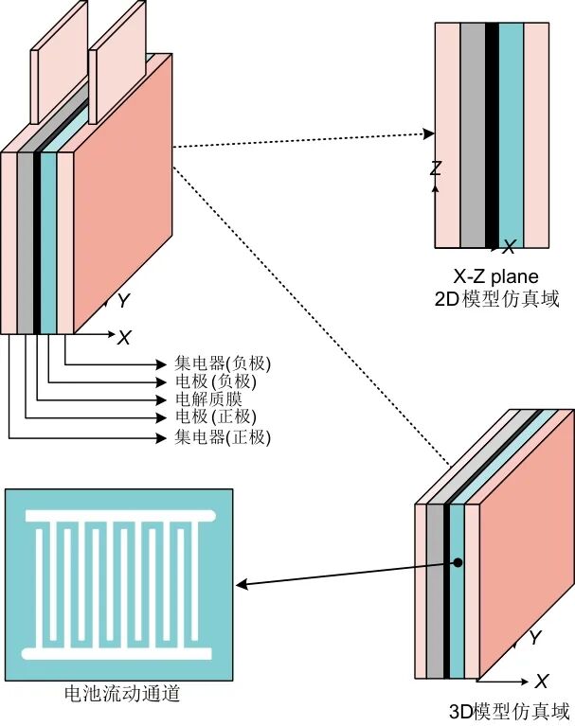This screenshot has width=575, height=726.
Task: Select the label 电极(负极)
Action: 215,381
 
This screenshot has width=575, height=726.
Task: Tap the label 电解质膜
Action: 208,399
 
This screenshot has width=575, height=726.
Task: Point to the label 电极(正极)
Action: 215,417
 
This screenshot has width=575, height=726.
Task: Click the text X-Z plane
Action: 495,277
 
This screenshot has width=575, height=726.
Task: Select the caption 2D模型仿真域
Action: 495,299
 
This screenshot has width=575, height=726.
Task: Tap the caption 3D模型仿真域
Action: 510,711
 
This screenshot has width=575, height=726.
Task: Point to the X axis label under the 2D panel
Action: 509,248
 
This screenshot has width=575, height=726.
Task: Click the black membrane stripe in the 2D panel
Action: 492,133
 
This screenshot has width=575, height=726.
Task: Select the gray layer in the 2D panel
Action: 473,133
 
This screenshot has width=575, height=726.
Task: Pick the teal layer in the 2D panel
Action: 511,133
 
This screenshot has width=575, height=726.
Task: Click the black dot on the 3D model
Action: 458,562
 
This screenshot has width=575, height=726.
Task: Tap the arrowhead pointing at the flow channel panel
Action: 241,585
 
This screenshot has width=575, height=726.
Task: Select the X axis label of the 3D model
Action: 542,682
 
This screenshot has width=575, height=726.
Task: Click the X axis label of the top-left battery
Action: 123,337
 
